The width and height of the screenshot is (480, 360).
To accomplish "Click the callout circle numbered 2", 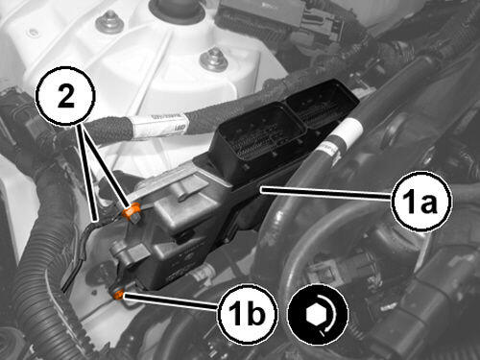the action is pyautogui.click(x=65, y=96).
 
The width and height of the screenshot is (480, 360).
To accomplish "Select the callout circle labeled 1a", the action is pyautogui.click(x=421, y=202).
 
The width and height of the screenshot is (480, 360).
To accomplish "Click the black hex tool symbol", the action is pyautogui.click(x=318, y=315).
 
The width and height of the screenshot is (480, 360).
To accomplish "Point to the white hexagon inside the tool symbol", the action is pyautogui.click(x=314, y=314).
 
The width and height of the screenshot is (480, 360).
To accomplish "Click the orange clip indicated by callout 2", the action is pyautogui.click(x=132, y=211).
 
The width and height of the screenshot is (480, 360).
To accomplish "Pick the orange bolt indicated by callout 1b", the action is pyautogui.click(x=119, y=293).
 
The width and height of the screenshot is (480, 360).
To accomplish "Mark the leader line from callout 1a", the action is pyautogui.click(x=326, y=193).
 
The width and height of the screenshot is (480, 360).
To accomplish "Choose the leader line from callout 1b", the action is pyautogui.click(x=171, y=301).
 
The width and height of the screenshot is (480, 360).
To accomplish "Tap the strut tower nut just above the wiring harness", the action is pyautogui.click(x=214, y=60).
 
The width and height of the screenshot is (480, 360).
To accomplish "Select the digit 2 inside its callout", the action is pyautogui.click(x=66, y=96).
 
